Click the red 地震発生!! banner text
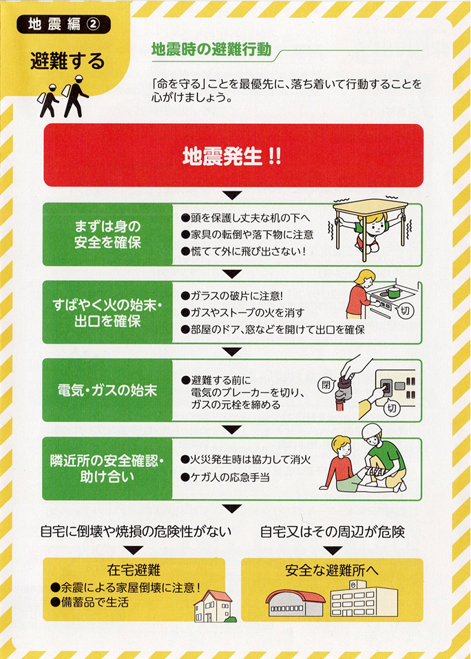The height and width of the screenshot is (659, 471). [232, 156]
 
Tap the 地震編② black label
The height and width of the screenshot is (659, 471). [63, 24]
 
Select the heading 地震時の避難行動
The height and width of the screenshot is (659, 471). [211, 50]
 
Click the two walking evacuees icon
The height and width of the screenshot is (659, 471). [63, 96]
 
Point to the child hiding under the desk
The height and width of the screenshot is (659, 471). [370, 233]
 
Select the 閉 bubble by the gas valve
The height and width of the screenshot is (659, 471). [326, 384]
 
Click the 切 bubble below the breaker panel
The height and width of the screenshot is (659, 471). [392, 408]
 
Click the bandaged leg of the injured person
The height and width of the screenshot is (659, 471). [375, 473]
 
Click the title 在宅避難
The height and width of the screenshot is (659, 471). [134, 570]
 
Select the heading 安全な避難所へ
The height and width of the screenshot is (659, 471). [331, 570]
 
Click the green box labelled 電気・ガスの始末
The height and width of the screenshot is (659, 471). [107, 390]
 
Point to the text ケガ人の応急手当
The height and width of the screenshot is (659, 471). [224, 477]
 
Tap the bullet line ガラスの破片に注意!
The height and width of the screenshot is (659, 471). [232, 296]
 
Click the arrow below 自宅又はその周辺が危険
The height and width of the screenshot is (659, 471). [333, 550]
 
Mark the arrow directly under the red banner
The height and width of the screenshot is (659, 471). [232, 195]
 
